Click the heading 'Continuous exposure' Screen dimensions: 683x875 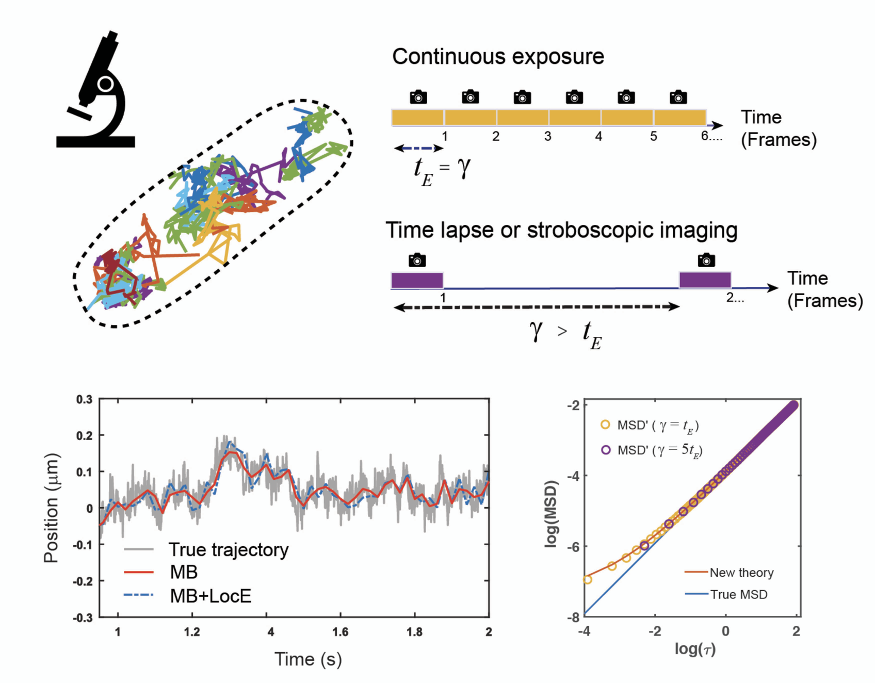click(x=498, y=57)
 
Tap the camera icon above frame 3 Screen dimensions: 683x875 click(x=522, y=97)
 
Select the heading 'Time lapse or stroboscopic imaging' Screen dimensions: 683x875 click(x=561, y=230)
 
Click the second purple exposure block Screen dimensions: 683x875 click(x=705, y=280)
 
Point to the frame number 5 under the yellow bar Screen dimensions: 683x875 click(x=653, y=137)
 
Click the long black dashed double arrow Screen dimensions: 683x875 click(x=537, y=307)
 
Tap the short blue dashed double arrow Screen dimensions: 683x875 click(x=418, y=149)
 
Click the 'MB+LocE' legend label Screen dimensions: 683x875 click(x=210, y=596)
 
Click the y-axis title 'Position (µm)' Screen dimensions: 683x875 click(x=52, y=508)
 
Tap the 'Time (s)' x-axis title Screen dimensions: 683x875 click(x=308, y=659)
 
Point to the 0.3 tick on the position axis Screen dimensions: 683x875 click(x=84, y=400)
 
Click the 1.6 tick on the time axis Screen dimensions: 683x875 click(x=340, y=632)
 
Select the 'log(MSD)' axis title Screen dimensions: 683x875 click(x=552, y=514)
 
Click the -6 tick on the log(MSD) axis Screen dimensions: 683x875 click(x=573, y=547)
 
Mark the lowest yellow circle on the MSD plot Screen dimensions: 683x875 click(x=587, y=580)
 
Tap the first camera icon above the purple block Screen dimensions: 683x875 click(x=417, y=260)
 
